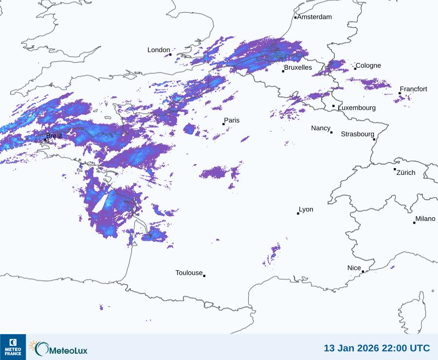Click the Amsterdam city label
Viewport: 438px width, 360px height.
[x=314, y=17]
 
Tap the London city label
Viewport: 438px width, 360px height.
[x=159, y=50]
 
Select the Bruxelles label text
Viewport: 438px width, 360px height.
[x=298, y=68]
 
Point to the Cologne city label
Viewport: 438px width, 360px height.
[x=368, y=66]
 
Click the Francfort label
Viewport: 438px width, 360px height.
[x=414, y=89]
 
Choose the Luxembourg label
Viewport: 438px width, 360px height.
[x=357, y=108]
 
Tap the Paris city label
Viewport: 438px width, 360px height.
[x=232, y=120]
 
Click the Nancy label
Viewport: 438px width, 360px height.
[x=321, y=128]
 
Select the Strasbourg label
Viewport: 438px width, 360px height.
[x=357, y=134]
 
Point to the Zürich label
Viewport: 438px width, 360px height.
[x=406, y=172]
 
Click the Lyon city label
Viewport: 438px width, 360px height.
[x=306, y=209]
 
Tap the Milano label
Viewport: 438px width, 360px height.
[x=425, y=219]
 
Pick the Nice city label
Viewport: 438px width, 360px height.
[x=354, y=268]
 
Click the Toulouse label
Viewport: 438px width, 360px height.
[x=189, y=273]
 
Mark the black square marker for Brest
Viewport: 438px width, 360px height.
[x=45, y=139]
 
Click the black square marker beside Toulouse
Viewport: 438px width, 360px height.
[x=204, y=276]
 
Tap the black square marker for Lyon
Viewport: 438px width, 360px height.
[x=298, y=213]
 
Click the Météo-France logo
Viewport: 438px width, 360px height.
[x=13, y=347]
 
